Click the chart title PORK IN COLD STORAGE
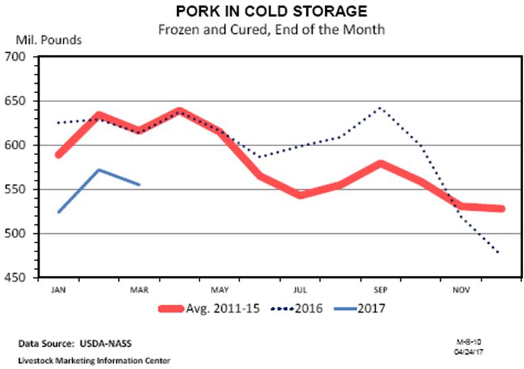262,11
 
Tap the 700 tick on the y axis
14,57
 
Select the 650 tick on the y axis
14,101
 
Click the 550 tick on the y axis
14,190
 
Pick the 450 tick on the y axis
14,278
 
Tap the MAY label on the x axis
220,290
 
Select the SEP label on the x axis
381,290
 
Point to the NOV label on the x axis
461,290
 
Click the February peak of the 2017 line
99,170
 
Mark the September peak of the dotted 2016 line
381,107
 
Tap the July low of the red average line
300,195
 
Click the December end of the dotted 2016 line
501,254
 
